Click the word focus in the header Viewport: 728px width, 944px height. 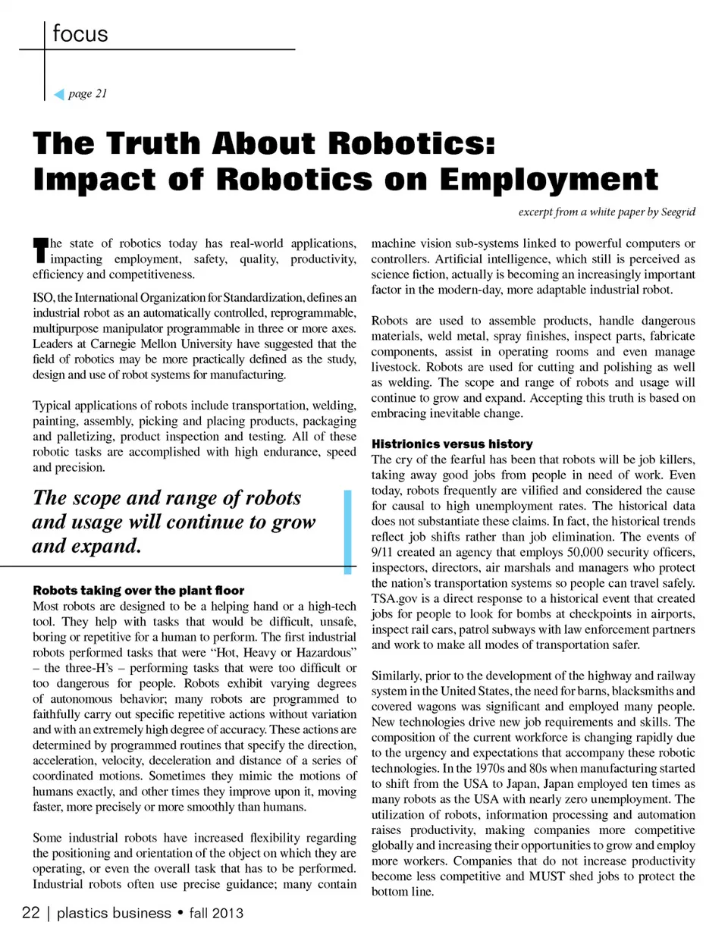80,33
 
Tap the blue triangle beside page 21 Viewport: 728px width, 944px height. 59,94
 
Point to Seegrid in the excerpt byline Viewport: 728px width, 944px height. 678,212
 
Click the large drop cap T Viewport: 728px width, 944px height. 40,251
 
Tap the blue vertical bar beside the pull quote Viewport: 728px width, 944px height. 347,531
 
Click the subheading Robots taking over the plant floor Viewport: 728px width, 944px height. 138,590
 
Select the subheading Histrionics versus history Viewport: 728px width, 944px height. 451,444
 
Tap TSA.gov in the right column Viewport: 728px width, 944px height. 394,598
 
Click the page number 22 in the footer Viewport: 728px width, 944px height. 30,912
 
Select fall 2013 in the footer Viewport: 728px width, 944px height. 216,913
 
